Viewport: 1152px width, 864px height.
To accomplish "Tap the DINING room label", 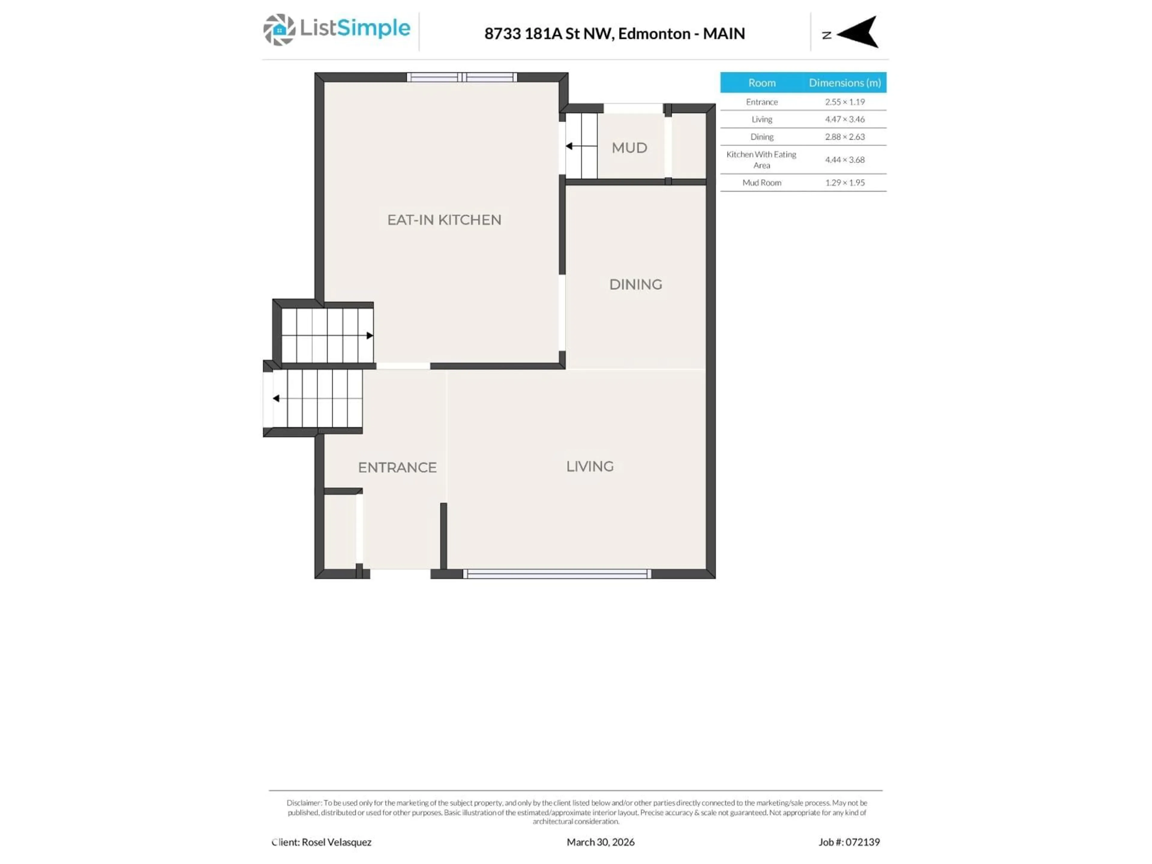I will click(635, 284).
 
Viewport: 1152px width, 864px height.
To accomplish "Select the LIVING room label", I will click(589, 466).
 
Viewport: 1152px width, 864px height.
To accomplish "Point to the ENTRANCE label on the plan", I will click(397, 467).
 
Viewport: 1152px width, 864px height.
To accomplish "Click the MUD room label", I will click(629, 148).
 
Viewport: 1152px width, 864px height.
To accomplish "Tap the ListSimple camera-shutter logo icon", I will click(279, 30).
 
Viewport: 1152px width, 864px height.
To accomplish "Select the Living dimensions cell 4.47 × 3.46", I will click(844, 119).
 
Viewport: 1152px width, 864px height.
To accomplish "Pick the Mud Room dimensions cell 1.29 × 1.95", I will click(844, 183).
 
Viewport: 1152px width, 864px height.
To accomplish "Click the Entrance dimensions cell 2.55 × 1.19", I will click(844, 102).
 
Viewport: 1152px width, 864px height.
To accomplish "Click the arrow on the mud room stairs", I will click(569, 146).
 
